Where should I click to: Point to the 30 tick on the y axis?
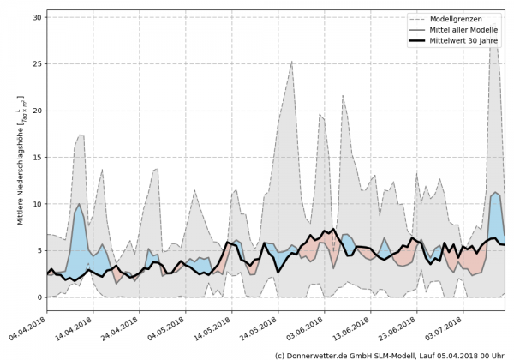[x=38, y=17]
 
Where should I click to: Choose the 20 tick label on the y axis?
[x=38, y=111]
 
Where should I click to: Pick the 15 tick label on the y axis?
[x=38, y=158]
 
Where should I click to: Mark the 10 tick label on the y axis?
[x=38, y=204]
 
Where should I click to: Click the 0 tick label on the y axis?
[x=40, y=297]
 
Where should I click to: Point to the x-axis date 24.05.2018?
[x=259, y=328]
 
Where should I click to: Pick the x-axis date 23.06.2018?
[x=397, y=328]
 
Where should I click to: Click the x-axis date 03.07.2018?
[x=442, y=328]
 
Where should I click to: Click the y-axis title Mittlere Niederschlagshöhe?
[x=20, y=159]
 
